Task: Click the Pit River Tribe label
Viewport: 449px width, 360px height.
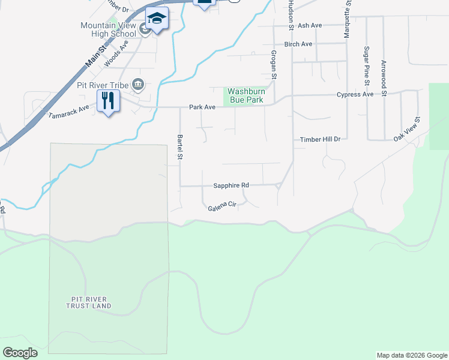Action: point(103,85)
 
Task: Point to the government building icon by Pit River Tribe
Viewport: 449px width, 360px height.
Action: point(137,85)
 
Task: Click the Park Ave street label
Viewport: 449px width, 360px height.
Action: point(202,107)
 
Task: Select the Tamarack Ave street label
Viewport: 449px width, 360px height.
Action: point(68,111)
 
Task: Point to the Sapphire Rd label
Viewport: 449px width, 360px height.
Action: point(231,186)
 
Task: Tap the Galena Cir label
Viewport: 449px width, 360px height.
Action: point(223,205)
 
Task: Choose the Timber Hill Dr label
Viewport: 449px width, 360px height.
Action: point(320,139)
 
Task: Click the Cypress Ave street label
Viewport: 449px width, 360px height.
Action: point(355,94)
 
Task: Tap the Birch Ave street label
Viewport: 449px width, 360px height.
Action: point(298,44)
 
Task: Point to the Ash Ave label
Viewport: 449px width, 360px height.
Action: point(310,25)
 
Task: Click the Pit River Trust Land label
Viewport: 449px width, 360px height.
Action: point(89,302)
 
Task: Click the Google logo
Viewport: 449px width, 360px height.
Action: point(20,353)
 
